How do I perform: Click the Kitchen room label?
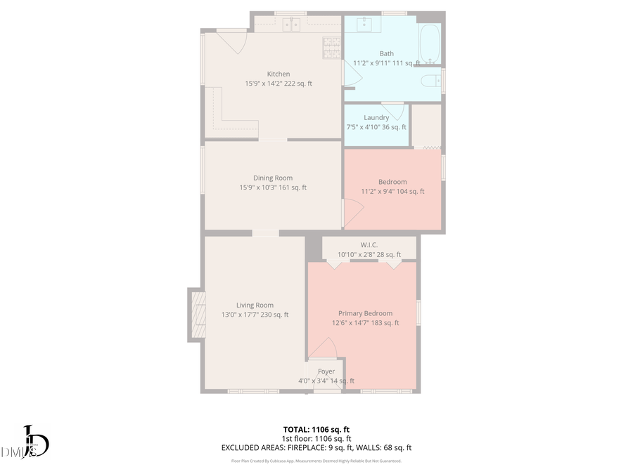click(x=278, y=74)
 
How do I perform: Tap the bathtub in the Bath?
click(x=430, y=44)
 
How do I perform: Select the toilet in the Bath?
click(x=430, y=81)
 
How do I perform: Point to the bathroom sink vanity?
click(x=365, y=25)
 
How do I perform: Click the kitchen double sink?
click(x=290, y=25)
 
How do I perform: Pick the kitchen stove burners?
click(x=331, y=47)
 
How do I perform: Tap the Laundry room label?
click(x=376, y=117)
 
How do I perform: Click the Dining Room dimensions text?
click(x=273, y=187)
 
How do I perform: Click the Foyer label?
click(x=326, y=371)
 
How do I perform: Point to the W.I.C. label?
click(x=369, y=245)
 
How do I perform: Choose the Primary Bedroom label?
click(x=365, y=313)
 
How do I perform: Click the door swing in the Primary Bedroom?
click(x=324, y=348)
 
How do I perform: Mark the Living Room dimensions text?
click(x=255, y=315)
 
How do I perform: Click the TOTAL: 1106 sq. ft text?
click(x=316, y=428)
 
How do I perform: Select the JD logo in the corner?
click(x=32, y=442)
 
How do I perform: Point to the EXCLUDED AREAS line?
click(x=316, y=447)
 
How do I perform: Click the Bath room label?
click(x=387, y=53)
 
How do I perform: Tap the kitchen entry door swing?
click(x=232, y=41)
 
